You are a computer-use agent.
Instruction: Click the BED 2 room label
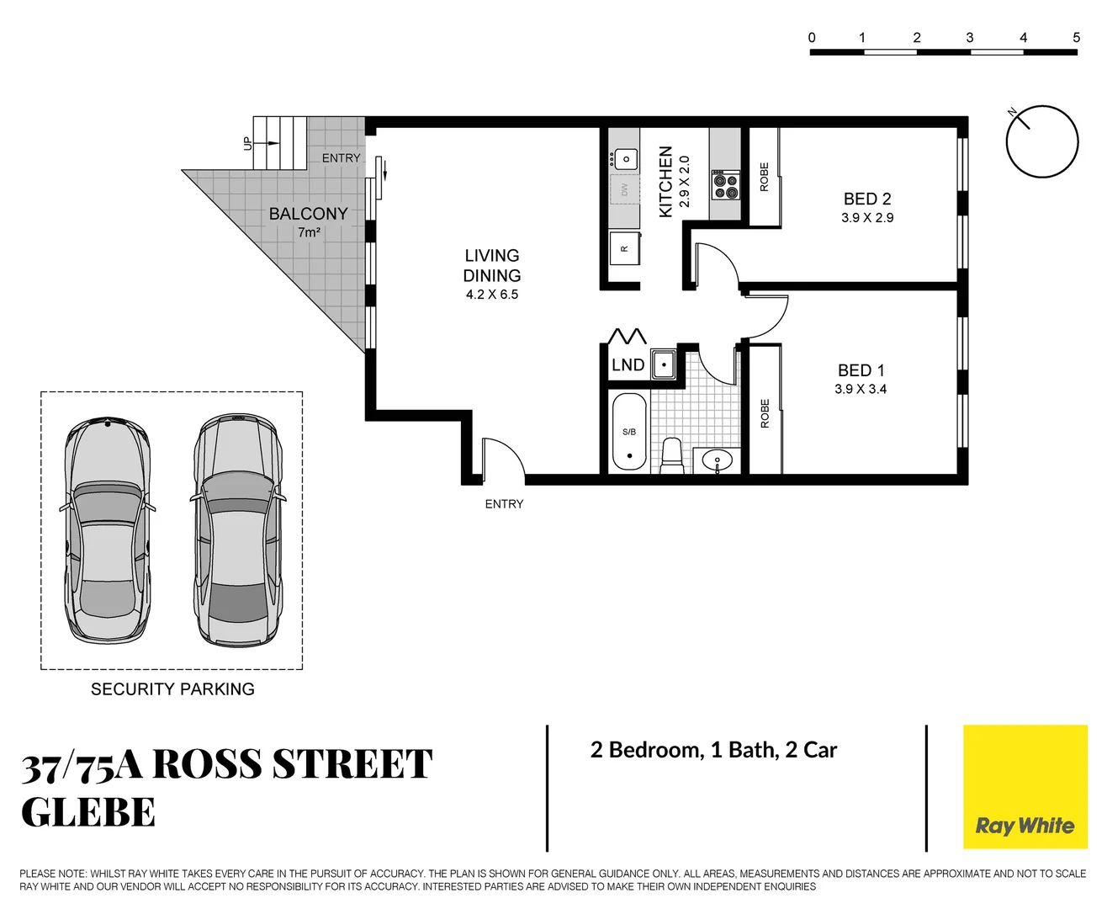pos(866,199)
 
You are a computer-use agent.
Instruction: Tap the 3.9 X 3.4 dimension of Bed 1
pos(860,389)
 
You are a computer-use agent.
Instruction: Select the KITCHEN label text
pos(665,182)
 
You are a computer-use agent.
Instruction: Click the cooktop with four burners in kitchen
pos(726,184)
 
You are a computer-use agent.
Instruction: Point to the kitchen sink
pos(626,158)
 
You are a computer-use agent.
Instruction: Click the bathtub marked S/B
pos(629,431)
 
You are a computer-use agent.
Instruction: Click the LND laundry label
pos(628,365)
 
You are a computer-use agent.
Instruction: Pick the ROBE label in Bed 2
pos(764,177)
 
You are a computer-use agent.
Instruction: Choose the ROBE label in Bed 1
pos(764,413)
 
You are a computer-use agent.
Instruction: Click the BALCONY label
pos(308,214)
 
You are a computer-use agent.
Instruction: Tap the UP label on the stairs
pos(246,144)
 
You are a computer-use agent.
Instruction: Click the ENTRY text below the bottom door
pos(504,504)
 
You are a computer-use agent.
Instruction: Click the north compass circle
pos(1042,142)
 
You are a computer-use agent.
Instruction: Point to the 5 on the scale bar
pos(1076,38)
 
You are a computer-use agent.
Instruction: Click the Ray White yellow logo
pos(1025,787)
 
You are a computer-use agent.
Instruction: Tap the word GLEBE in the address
pos(88,813)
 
